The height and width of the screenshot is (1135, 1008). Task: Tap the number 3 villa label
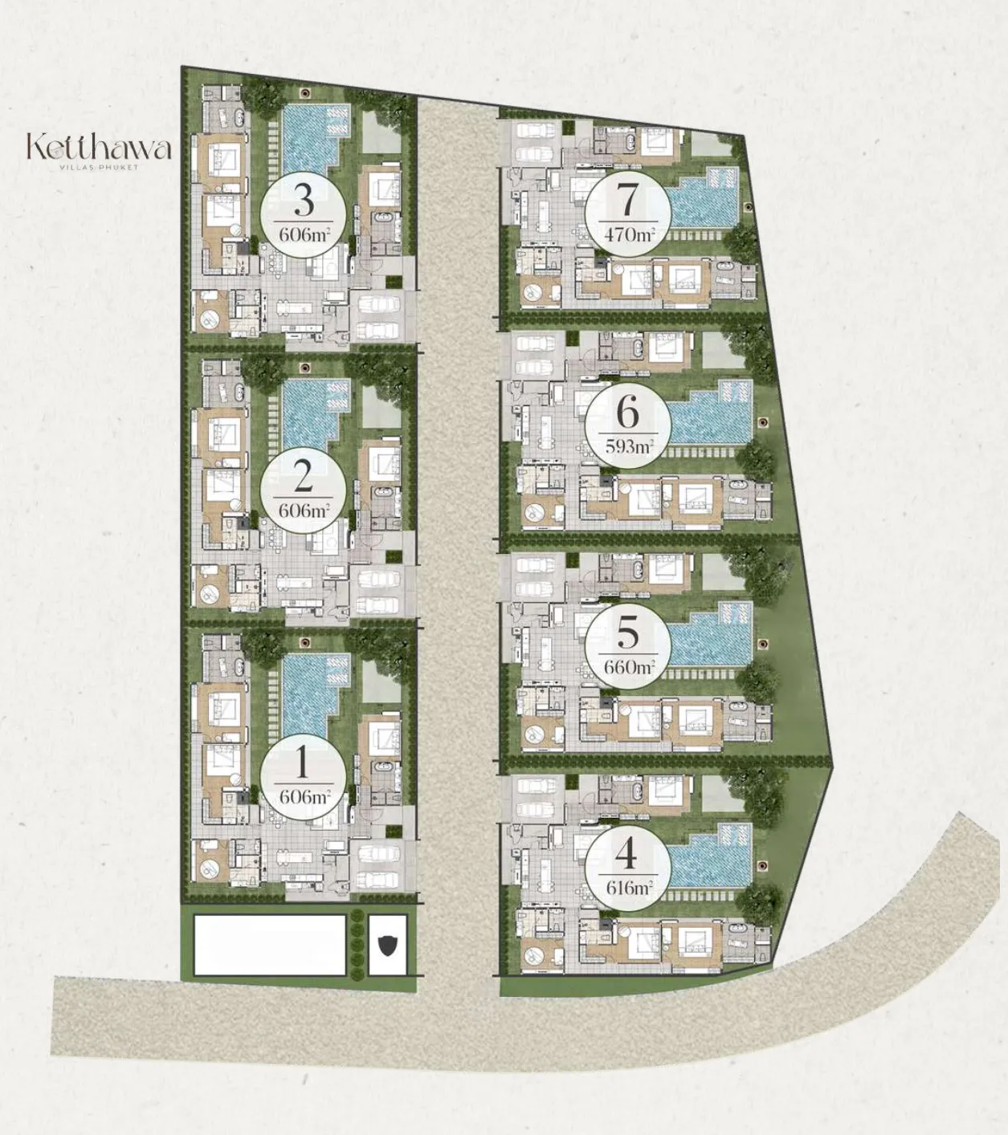point(304,201)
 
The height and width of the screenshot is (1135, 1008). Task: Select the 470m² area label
point(629,234)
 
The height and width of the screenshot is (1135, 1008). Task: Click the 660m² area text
point(629,667)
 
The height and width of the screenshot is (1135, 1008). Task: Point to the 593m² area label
point(629,446)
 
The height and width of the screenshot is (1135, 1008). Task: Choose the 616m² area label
point(629,888)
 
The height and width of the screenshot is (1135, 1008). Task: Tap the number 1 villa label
point(303,763)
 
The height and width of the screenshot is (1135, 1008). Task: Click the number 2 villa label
point(304,478)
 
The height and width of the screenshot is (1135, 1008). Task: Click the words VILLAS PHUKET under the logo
point(99,167)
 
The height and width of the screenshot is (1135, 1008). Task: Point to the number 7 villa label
point(628,201)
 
